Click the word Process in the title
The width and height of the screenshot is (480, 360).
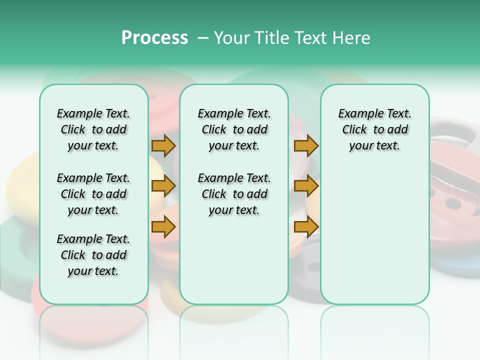click(x=154, y=37)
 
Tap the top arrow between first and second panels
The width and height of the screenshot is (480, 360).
click(x=163, y=145)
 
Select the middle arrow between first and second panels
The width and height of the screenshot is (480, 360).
click(x=163, y=186)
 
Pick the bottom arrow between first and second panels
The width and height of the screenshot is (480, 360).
click(x=163, y=227)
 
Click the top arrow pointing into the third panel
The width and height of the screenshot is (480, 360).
click(x=306, y=145)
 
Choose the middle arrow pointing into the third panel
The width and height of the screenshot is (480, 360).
click(x=306, y=186)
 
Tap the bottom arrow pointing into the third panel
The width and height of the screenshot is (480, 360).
click(x=306, y=227)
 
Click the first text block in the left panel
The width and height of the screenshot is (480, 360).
click(x=93, y=129)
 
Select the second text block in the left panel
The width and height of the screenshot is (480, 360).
click(x=93, y=194)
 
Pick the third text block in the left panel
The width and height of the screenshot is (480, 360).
click(x=93, y=255)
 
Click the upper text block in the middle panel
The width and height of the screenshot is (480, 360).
click(x=234, y=129)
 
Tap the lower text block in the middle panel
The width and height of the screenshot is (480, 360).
click(x=234, y=194)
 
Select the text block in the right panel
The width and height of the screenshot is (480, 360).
click(x=374, y=129)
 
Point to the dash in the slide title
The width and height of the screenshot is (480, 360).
click(x=202, y=37)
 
